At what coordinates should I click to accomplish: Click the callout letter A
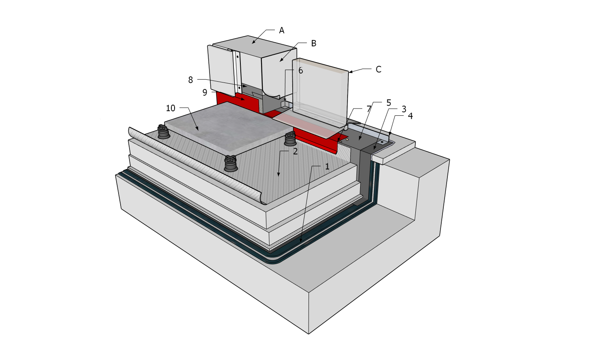tap(281, 30)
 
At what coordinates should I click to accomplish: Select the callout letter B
tap(313, 43)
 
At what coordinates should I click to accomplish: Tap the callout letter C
tap(378, 69)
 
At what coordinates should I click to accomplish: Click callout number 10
tap(171, 108)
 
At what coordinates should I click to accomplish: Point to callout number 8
tap(190, 80)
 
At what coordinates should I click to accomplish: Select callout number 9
tap(205, 93)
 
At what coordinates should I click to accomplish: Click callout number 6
tap(300, 71)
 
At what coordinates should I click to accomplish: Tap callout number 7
tap(369, 109)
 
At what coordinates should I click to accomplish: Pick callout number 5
tap(389, 103)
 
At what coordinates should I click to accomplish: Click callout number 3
tap(404, 109)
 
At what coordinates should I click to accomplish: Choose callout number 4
tap(410, 116)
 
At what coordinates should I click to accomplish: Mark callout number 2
tap(295, 152)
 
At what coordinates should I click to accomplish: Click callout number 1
tap(327, 167)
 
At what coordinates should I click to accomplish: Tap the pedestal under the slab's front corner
tap(231, 164)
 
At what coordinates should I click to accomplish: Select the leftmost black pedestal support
tap(164, 132)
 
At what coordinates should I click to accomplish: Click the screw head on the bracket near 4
tap(382, 142)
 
